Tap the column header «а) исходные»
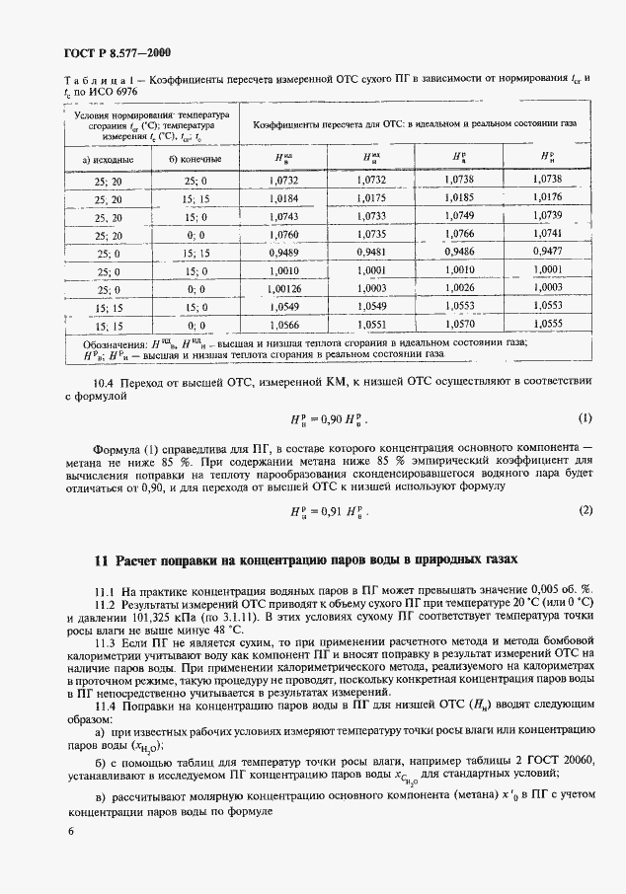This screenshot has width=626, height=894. coord(103,158)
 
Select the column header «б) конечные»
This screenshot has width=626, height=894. coord(196,158)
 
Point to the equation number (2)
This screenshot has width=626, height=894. coord(586,510)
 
